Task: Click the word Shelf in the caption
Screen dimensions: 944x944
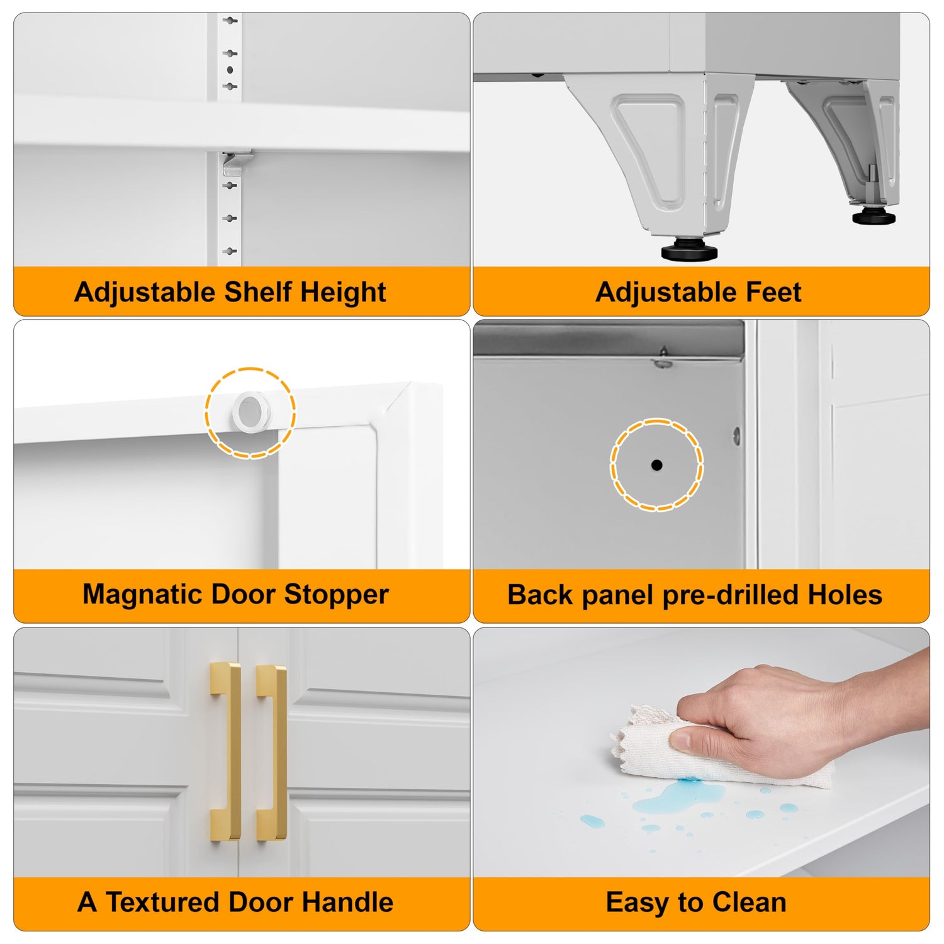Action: (x=258, y=292)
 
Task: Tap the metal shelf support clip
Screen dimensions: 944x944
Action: (x=236, y=162)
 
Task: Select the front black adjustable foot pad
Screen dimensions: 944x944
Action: (x=690, y=250)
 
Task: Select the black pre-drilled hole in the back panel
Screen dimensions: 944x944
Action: (x=656, y=465)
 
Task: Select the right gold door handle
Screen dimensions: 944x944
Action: (x=272, y=753)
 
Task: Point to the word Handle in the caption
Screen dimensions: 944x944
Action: (x=348, y=902)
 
